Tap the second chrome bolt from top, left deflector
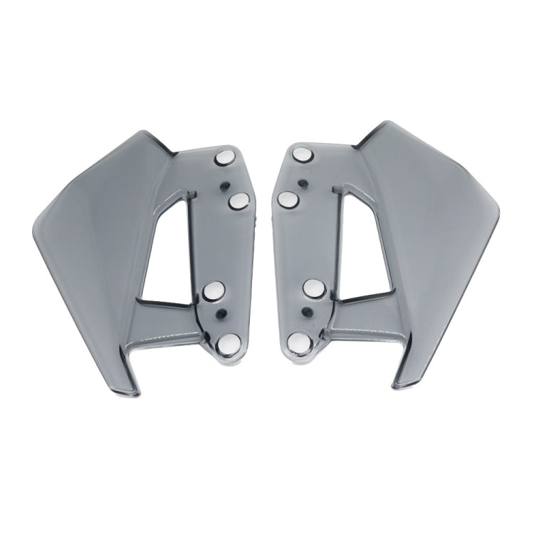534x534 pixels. tap(239, 203)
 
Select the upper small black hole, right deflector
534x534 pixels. tap(304, 182)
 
